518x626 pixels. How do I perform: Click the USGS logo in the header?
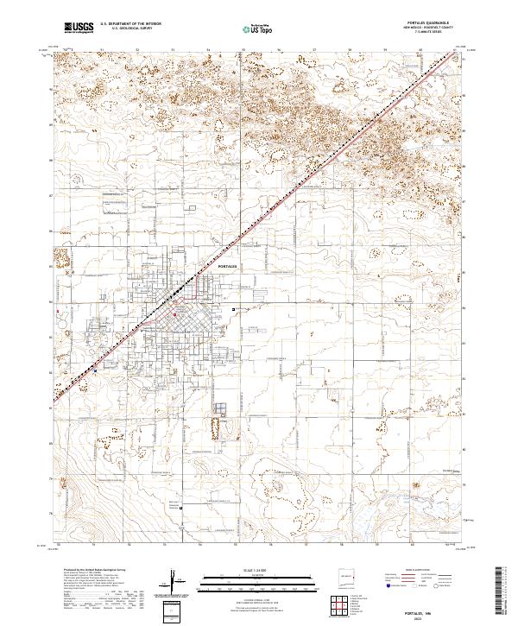coord(79,28)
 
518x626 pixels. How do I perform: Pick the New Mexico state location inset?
coord(348,575)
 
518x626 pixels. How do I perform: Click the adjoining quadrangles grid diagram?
coord(343,605)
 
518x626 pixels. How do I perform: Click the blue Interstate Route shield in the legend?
coord(388,586)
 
